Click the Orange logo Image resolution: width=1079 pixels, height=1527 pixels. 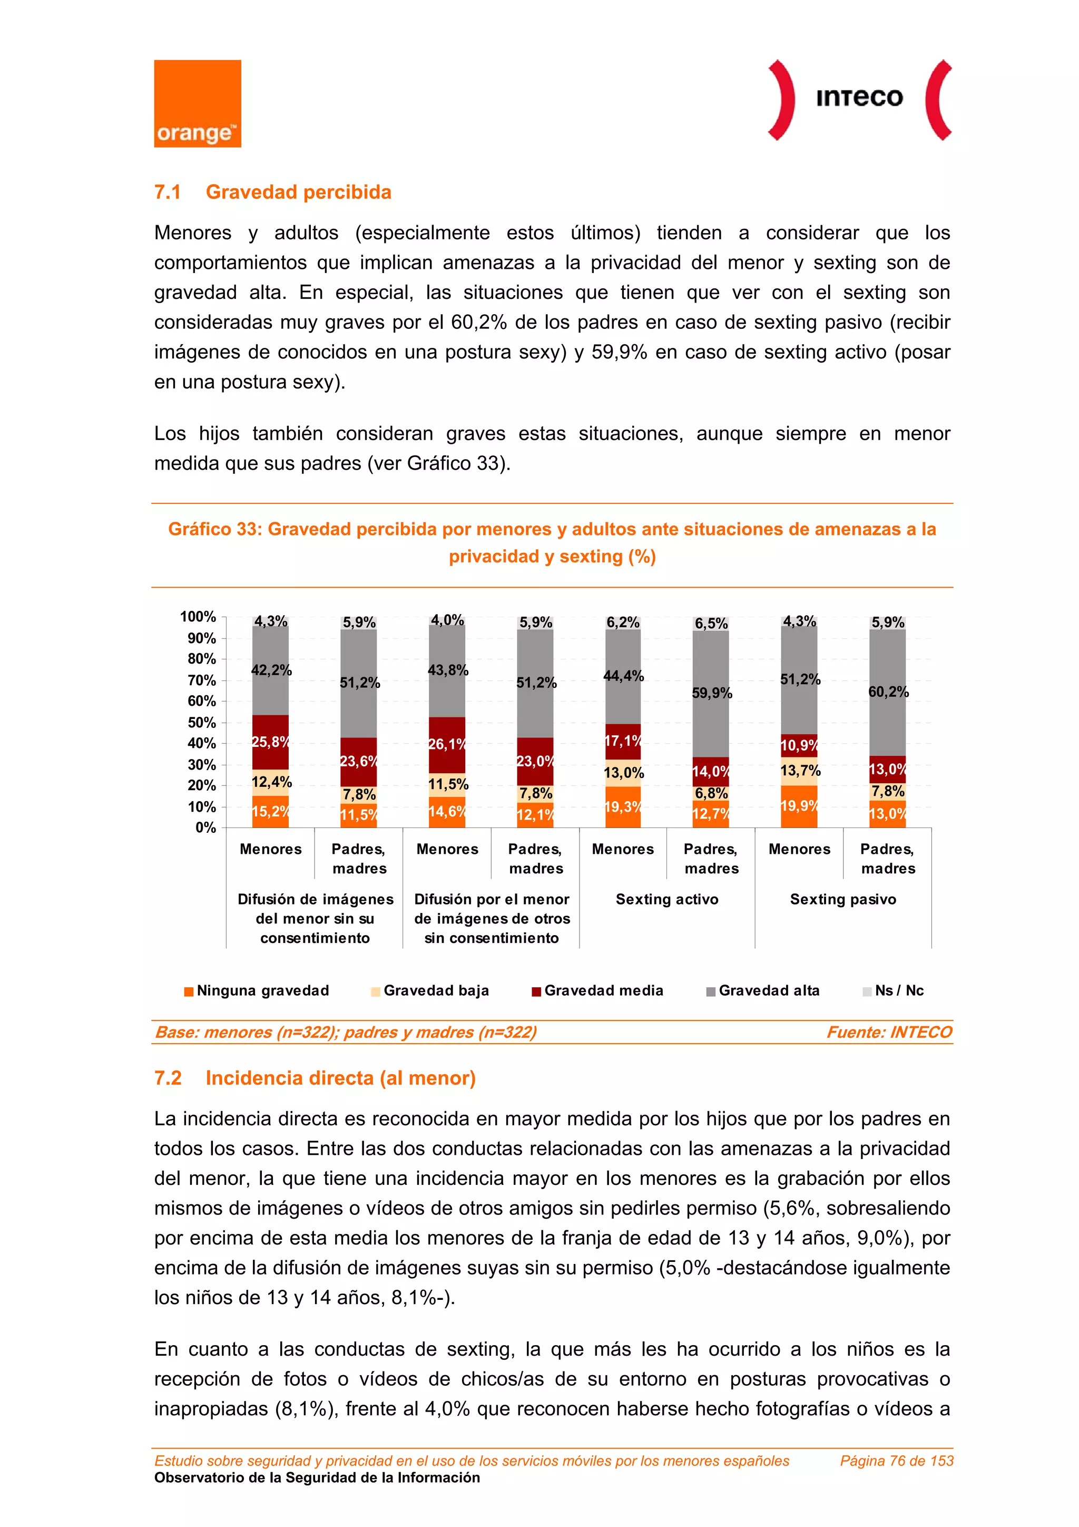[198, 104]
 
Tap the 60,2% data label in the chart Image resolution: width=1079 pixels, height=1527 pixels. [888, 692]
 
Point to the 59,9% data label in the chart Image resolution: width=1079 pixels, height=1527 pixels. [711, 693]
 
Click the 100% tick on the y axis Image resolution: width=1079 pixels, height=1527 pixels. [198, 617]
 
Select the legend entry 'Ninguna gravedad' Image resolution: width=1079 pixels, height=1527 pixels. [262, 990]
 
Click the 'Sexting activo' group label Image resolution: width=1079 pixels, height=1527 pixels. [667, 899]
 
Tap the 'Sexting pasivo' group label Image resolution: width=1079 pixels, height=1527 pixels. [843, 899]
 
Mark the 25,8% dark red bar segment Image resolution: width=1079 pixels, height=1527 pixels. [270, 742]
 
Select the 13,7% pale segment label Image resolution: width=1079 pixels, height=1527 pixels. [800, 771]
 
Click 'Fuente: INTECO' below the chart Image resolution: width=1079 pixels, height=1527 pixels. [889, 1032]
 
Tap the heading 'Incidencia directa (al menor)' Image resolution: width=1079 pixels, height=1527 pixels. [340, 1078]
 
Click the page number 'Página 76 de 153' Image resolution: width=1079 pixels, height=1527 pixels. [896, 1461]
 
